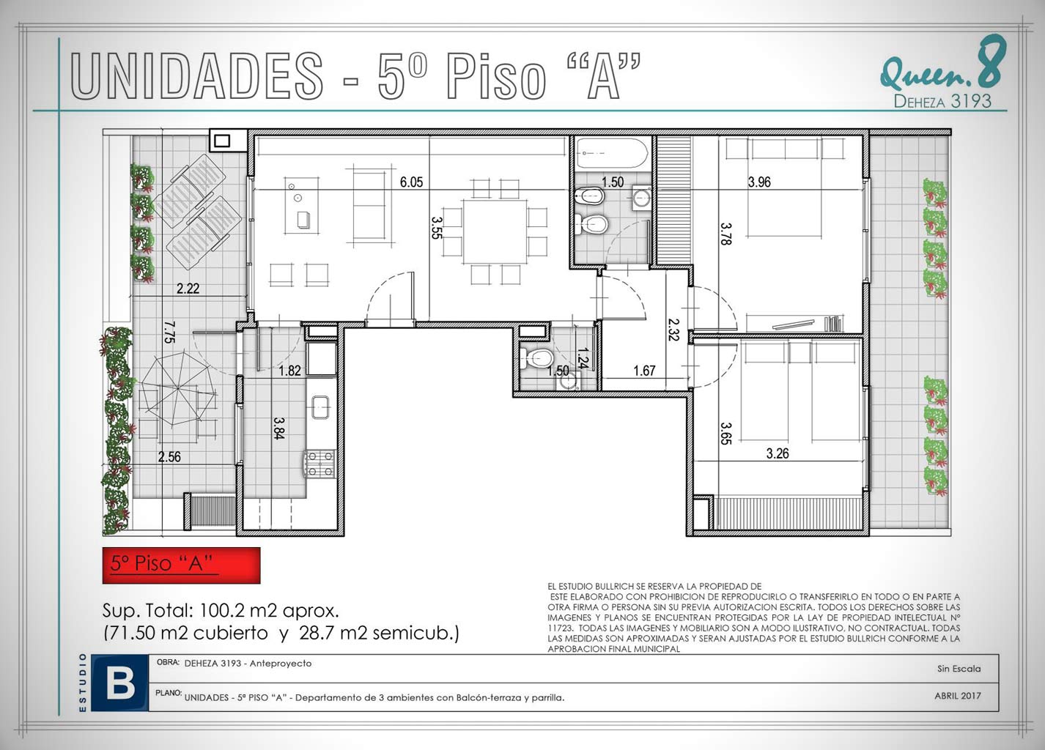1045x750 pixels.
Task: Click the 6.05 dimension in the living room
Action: (411, 182)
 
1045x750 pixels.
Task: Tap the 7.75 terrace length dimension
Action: (170, 332)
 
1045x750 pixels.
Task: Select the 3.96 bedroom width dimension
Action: (759, 182)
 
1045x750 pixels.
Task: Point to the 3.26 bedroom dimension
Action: (778, 453)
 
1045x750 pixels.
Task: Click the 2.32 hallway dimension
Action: (673, 330)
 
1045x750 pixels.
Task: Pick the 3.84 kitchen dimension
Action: (279, 428)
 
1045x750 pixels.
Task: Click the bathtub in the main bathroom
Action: (612, 153)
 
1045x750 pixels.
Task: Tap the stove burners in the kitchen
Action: (320, 464)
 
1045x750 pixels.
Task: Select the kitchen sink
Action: (320, 407)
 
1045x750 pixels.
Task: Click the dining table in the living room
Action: (495, 231)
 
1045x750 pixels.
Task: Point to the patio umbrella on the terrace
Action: (178, 388)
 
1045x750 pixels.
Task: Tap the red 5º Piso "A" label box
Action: (182, 565)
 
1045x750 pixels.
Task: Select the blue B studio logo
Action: (120, 683)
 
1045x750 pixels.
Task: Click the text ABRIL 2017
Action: (958, 696)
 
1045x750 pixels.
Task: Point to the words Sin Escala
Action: (959, 669)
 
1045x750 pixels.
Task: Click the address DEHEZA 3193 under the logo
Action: (942, 101)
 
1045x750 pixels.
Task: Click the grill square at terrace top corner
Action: (222, 140)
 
